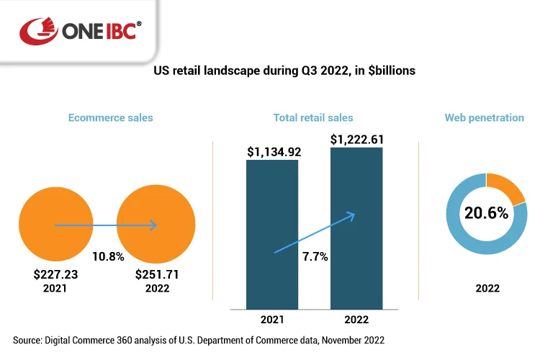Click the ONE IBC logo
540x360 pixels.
(81, 30)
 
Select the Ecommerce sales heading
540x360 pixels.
(110, 117)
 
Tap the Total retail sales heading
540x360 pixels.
(313, 117)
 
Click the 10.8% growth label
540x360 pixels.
(108, 256)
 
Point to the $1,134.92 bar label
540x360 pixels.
(273, 151)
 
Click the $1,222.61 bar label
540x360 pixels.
(357, 138)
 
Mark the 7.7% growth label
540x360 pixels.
(314, 256)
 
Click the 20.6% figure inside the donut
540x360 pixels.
(486, 213)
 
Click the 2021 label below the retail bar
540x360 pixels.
(272, 321)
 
